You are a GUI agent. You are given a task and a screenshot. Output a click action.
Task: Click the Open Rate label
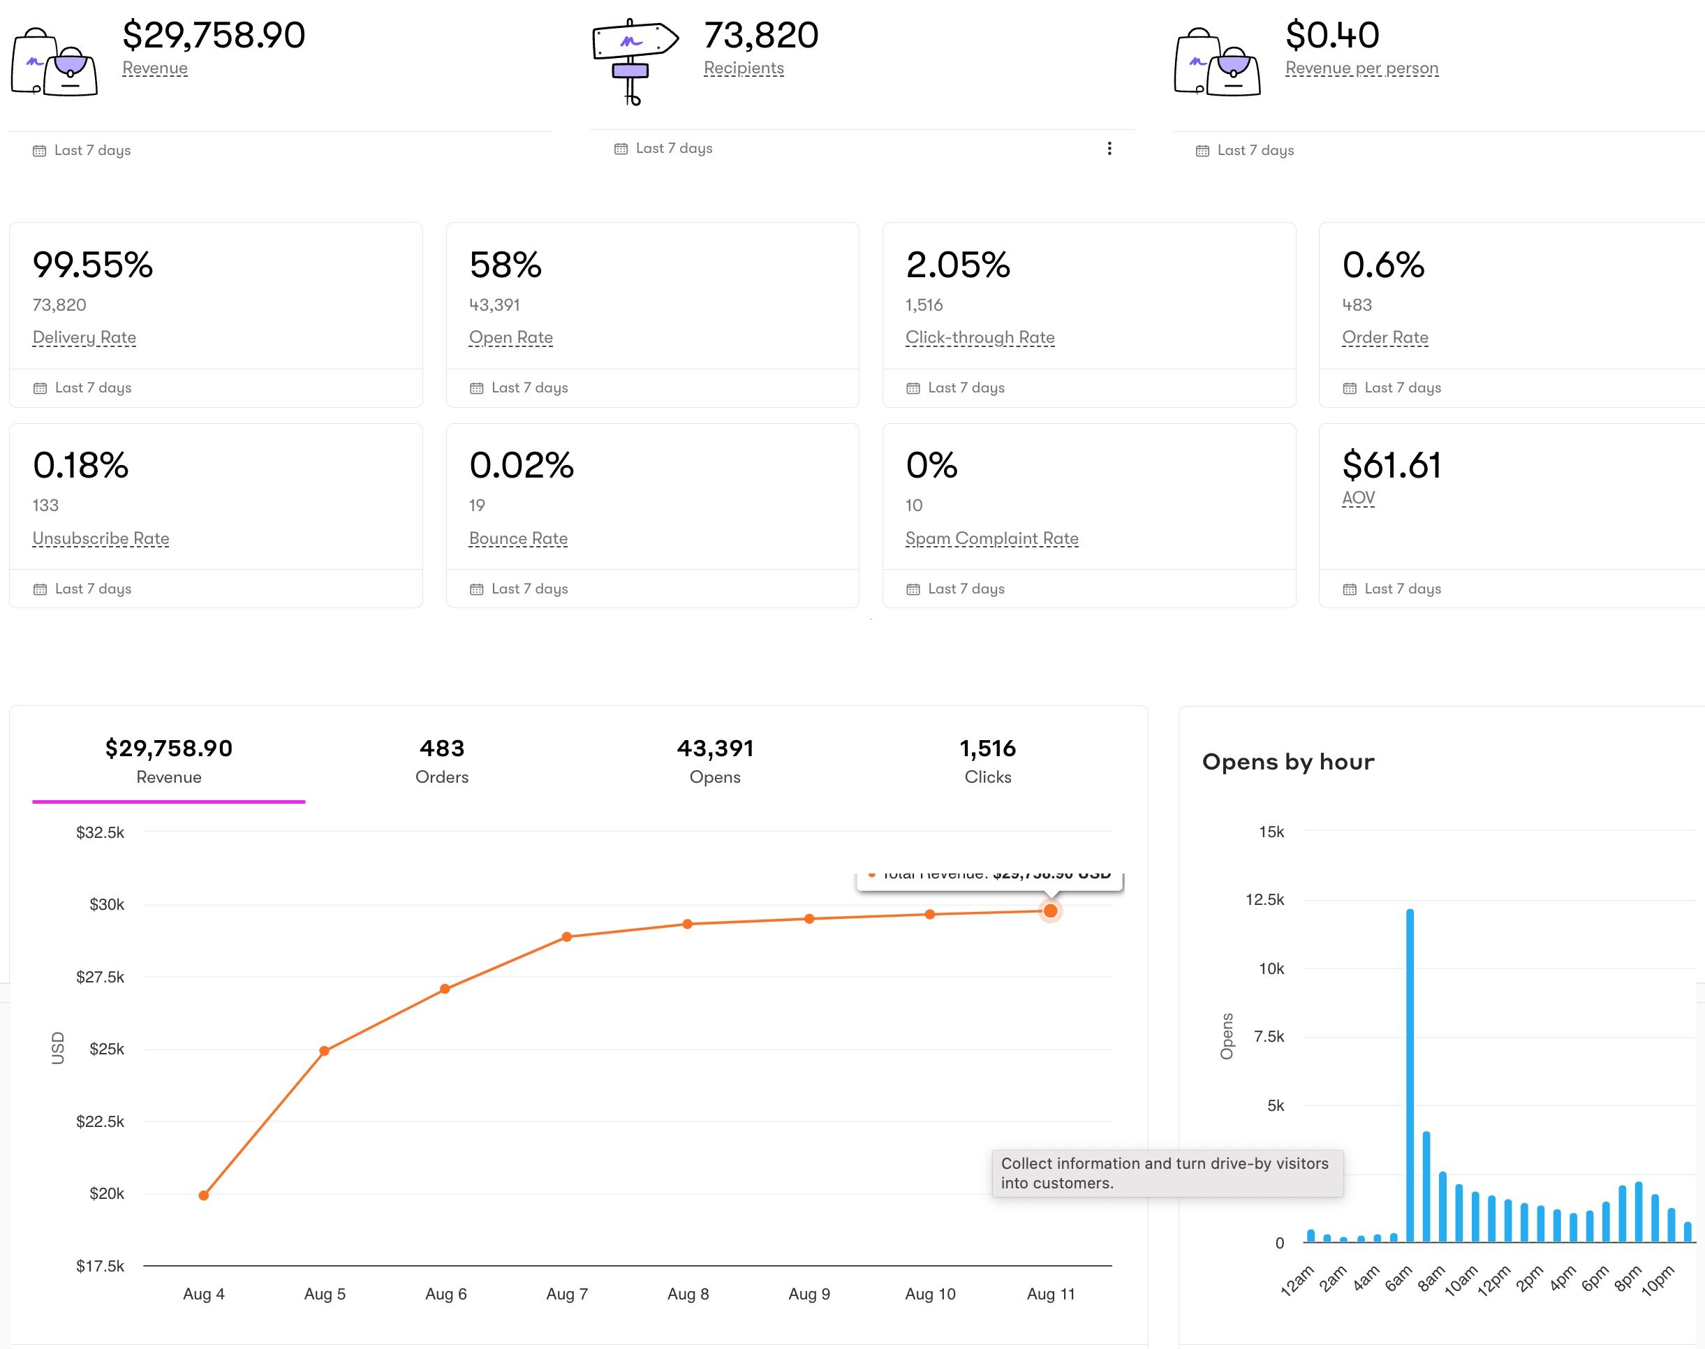(510, 337)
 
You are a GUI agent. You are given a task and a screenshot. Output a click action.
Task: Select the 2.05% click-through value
(957, 265)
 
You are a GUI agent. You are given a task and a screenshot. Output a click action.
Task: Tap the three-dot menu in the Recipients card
(1109, 149)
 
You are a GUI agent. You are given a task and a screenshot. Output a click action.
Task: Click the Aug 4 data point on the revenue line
(204, 1195)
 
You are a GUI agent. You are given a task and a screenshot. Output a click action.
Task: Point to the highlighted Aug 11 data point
(1050, 911)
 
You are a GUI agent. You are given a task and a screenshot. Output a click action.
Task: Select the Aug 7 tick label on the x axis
(566, 1294)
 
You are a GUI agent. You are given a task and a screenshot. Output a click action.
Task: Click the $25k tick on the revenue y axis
(107, 1049)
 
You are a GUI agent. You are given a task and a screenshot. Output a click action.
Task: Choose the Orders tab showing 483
(441, 760)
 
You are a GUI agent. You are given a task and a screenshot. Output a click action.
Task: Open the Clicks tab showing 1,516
(987, 760)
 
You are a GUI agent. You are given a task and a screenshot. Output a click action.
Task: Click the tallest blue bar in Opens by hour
(1410, 1074)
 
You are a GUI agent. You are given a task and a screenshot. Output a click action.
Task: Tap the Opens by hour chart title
(1287, 761)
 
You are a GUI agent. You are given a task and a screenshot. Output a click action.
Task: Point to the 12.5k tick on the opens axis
(1264, 899)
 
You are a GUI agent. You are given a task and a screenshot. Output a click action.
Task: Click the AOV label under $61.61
(1357, 498)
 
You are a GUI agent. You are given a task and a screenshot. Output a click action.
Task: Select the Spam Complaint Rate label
(991, 538)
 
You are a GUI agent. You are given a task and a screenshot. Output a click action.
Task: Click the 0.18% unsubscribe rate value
(80, 465)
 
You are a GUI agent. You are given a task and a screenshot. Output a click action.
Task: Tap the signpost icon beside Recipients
(633, 60)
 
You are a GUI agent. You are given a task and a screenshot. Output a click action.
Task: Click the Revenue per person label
(1361, 68)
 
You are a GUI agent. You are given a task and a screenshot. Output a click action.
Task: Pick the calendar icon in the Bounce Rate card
(476, 589)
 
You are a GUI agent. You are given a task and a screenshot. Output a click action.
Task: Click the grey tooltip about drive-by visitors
(1167, 1173)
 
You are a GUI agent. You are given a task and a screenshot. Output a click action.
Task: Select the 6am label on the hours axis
(1398, 1278)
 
